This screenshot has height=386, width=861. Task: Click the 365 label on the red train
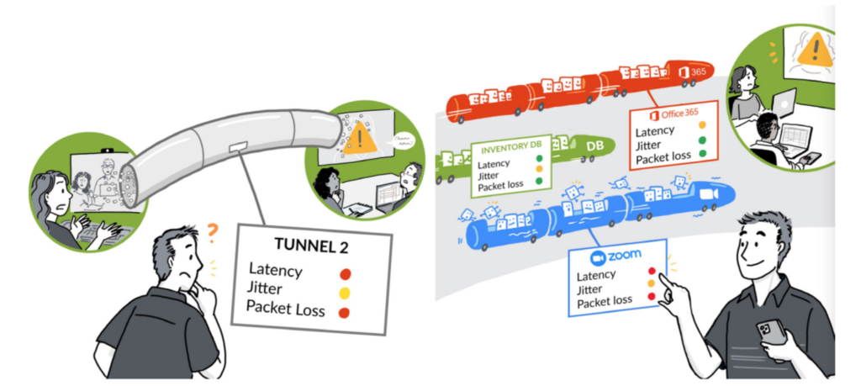pos(697,72)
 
